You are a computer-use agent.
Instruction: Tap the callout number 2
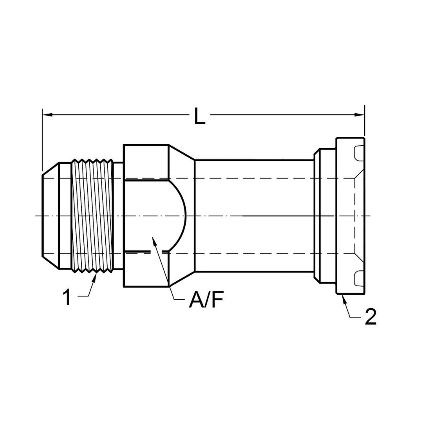point(370,317)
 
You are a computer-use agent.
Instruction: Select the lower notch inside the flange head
point(359,277)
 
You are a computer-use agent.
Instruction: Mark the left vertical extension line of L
point(43,139)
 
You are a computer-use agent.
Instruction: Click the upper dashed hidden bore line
point(253,178)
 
